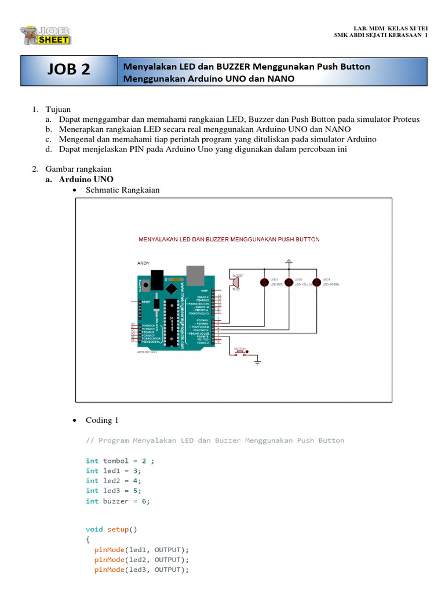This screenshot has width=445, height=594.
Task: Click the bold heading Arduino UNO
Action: tap(86, 179)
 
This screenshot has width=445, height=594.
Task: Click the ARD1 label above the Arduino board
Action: tap(143, 263)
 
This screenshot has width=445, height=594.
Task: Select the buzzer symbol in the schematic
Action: tap(236, 282)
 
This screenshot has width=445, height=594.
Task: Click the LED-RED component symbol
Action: tap(265, 282)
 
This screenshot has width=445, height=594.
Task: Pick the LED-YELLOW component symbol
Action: tap(290, 282)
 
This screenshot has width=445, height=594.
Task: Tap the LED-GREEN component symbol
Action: tap(317, 282)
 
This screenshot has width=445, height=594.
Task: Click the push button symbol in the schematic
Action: tap(240, 352)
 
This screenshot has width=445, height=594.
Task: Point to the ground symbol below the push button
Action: tap(258, 362)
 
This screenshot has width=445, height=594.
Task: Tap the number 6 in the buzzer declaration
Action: tap(144, 501)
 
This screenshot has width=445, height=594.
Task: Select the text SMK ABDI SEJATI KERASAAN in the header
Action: tap(379, 35)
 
